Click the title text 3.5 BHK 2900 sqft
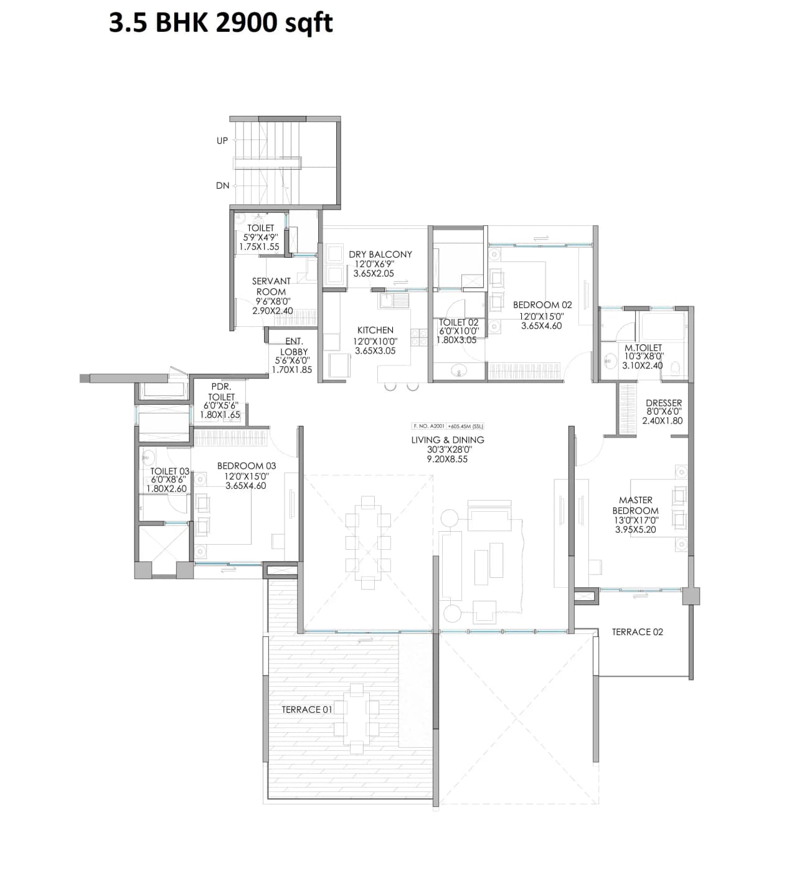click(x=221, y=23)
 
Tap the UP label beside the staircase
click(x=222, y=141)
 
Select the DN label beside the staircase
click(x=222, y=186)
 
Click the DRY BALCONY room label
click(x=380, y=254)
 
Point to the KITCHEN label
click(x=375, y=330)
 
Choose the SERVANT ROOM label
click(x=271, y=286)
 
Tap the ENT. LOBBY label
click(x=294, y=346)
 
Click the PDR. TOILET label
click(x=221, y=392)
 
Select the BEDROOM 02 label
click(x=542, y=305)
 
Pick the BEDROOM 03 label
click(x=246, y=466)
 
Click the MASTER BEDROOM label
click(x=635, y=505)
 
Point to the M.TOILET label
click(x=643, y=347)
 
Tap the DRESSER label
click(x=663, y=403)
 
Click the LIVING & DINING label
click(x=447, y=440)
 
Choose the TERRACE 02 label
click(x=637, y=632)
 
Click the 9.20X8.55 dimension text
click(x=447, y=459)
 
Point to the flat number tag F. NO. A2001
click(x=428, y=426)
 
